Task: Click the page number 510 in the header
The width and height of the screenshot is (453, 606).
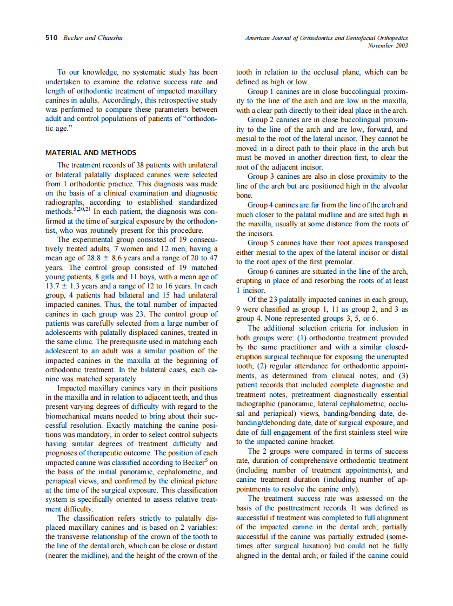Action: (x=51, y=38)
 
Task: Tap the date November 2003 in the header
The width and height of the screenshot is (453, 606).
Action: (x=388, y=45)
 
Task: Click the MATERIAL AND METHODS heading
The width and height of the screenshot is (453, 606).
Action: (x=91, y=152)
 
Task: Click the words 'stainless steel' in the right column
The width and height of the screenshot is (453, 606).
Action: (x=356, y=432)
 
